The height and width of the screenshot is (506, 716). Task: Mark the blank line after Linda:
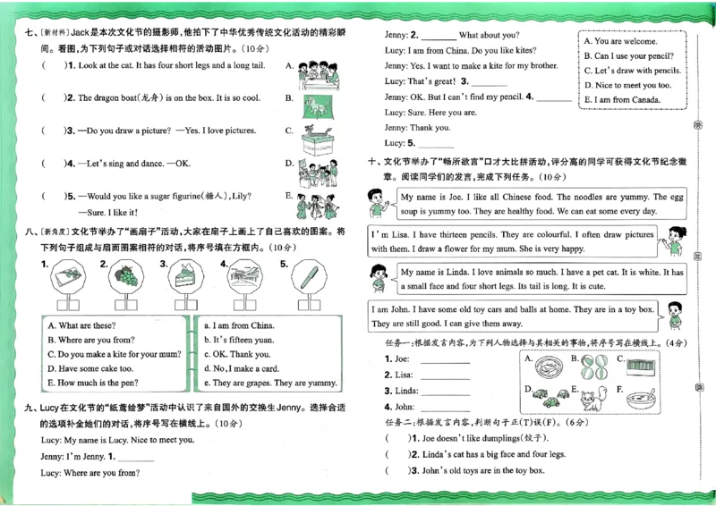444,391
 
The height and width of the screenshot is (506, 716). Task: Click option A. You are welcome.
620,41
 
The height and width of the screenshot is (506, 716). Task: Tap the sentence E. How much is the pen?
94,383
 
